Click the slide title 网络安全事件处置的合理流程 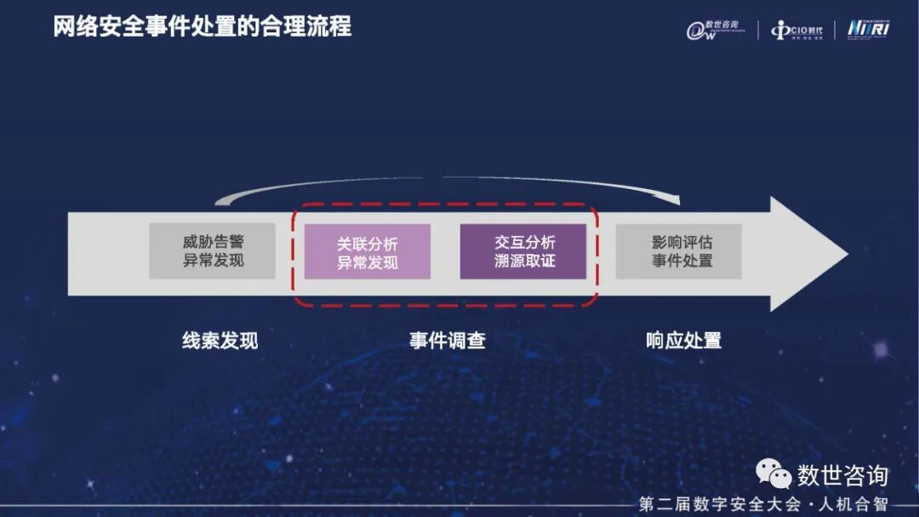pos(202,26)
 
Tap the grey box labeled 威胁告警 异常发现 pos(212,251)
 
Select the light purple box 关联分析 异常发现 pos(367,252)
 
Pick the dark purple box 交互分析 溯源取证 pos(523,251)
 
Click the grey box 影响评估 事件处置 pos(678,251)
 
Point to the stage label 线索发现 pos(220,341)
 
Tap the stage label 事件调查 pos(448,341)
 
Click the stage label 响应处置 pos(683,341)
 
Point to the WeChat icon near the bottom pos(773,474)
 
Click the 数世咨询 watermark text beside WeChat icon pos(842,474)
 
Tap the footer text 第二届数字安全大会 pos(720,504)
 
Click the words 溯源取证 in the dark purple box pos(523,261)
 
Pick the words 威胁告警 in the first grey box pos(212,242)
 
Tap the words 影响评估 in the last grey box pos(678,242)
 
